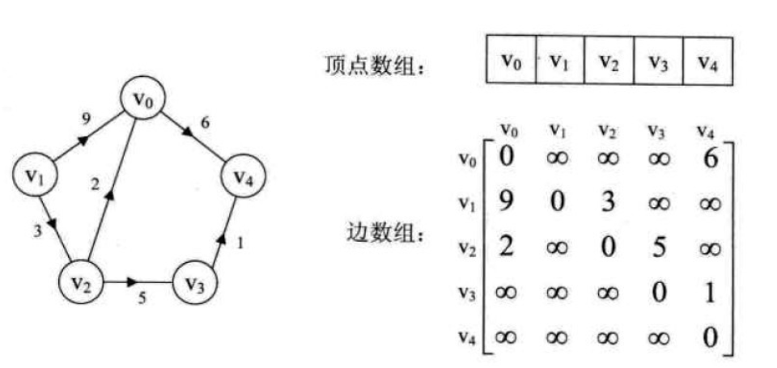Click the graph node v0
pos(142,100)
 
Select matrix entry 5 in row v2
pos(659,245)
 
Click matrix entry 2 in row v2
pos(505,245)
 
